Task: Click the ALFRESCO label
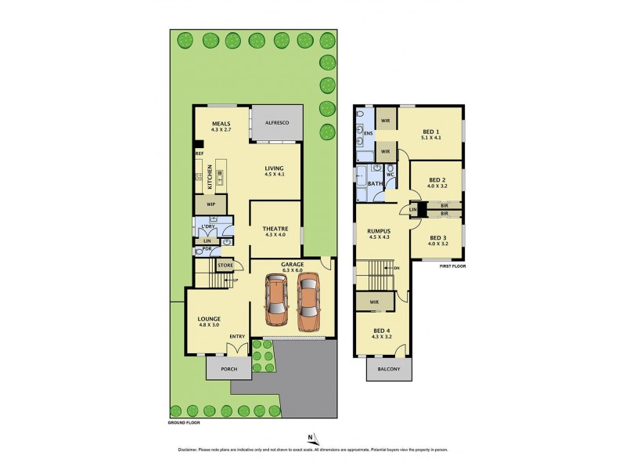[x=277, y=124]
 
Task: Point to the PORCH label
[x=228, y=370]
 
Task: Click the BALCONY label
[x=389, y=370]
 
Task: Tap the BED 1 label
[x=430, y=132]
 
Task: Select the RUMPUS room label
[x=379, y=231]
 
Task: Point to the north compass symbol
[x=310, y=438]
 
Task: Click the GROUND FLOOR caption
[x=185, y=422]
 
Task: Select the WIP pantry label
[x=210, y=204]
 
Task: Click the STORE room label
[x=225, y=266]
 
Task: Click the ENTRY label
[x=237, y=338]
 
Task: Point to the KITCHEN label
[x=210, y=175]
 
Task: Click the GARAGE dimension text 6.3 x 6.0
[x=292, y=271]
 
